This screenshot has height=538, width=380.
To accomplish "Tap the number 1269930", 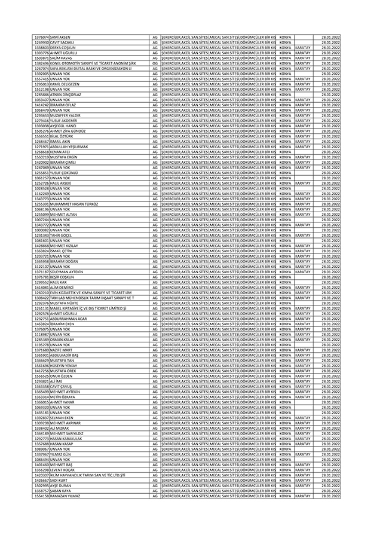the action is (41, 42).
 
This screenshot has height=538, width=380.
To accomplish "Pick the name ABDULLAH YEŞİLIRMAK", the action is (69, 146).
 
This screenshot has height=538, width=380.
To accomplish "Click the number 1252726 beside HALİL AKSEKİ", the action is (41, 183).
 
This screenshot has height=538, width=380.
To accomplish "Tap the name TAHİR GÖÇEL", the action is (62, 235).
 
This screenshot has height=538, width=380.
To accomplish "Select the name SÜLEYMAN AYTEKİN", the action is (66, 271).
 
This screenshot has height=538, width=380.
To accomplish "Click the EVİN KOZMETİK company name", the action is (90, 292).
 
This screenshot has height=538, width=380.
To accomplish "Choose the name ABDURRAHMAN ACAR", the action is (68, 319).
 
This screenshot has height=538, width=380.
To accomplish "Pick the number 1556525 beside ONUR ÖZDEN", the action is (41, 376).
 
